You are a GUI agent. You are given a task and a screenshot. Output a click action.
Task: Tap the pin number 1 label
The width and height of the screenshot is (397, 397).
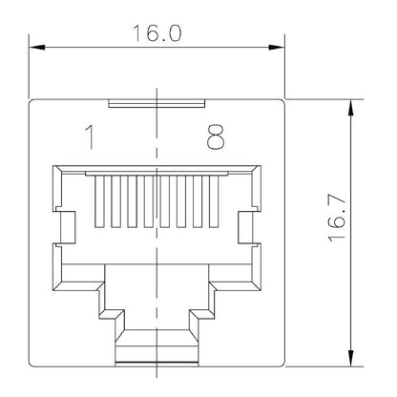click(x=89, y=138)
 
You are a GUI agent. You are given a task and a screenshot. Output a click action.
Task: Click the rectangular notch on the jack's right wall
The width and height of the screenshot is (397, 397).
click(x=245, y=227)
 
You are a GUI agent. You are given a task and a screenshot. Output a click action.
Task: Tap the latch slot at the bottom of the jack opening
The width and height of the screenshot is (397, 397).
click(x=156, y=345)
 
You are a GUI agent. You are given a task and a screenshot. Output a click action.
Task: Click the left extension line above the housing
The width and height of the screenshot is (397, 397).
click(x=30, y=67)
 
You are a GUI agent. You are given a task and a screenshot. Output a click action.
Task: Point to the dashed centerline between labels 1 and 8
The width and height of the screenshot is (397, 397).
click(x=156, y=138)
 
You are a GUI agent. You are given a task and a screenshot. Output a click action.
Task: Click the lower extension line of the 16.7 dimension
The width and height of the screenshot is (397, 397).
click(x=324, y=366)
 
